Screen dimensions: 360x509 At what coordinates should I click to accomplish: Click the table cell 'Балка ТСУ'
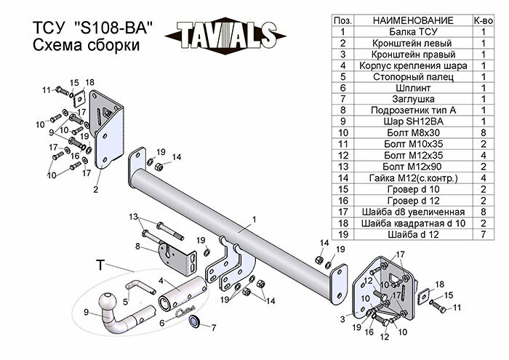[413, 31]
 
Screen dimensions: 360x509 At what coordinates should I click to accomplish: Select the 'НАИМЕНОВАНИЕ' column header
[413, 20]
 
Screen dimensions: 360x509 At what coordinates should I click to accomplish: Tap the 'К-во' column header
[484, 20]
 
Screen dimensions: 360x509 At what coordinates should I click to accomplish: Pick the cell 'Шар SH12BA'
[413, 121]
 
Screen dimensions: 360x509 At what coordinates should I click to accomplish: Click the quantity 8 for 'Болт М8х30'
[484, 132]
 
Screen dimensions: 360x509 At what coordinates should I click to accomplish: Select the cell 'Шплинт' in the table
[413, 87]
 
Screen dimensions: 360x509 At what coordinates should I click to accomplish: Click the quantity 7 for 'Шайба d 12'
[484, 233]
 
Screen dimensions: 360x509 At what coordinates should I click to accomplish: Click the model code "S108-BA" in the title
[113, 28]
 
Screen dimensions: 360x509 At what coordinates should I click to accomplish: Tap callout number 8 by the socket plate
[137, 246]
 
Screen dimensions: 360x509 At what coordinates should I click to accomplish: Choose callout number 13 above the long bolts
[134, 217]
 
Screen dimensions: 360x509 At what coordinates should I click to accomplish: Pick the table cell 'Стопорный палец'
[413, 76]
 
